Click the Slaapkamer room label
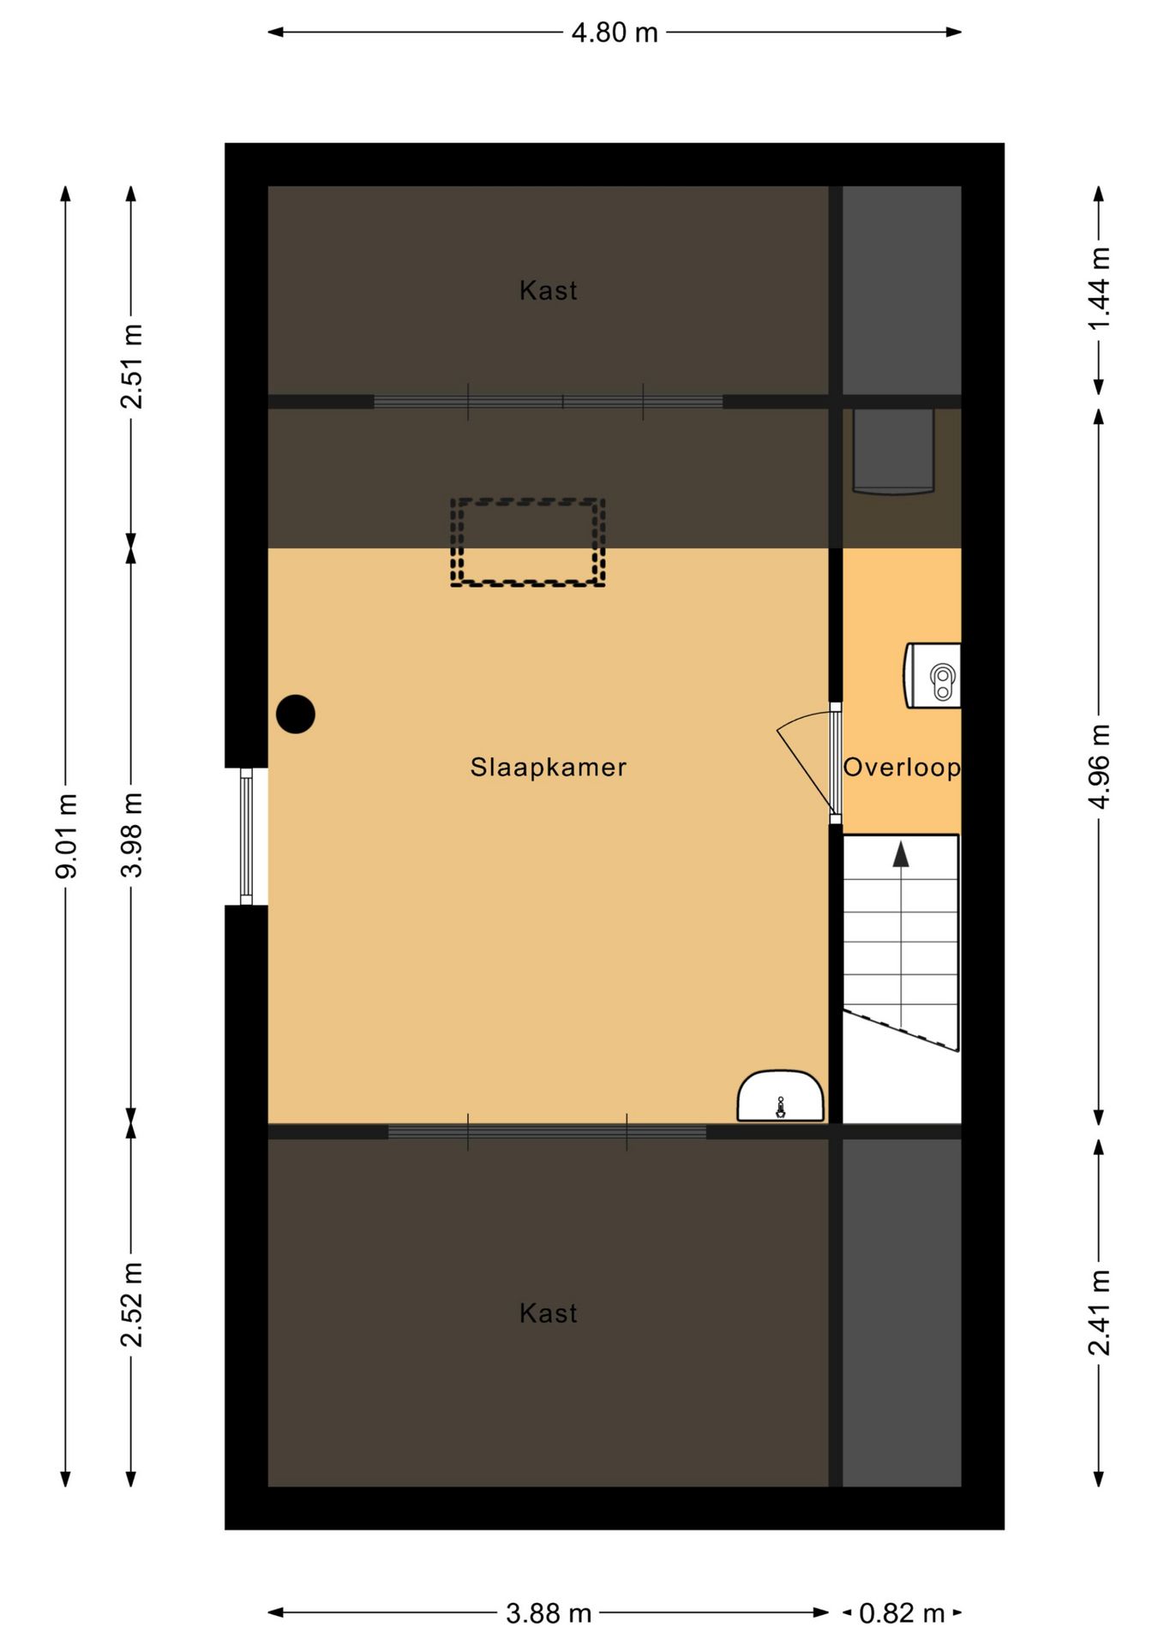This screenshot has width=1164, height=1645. (549, 767)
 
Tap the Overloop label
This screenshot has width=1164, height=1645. (902, 767)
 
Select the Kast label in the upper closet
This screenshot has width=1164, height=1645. (549, 290)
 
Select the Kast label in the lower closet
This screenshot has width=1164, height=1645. (549, 1313)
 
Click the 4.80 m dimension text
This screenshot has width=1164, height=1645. (615, 33)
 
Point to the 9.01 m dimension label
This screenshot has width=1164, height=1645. (67, 836)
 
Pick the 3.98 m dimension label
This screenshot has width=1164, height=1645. (132, 835)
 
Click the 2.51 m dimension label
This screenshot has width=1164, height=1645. (132, 367)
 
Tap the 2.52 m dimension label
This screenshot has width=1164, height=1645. (132, 1305)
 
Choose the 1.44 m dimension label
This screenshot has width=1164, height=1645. (1100, 290)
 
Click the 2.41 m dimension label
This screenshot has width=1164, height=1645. (1100, 1313)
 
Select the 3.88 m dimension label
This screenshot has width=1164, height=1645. (549, 1614)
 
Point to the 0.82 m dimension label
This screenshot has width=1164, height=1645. (902, 1614)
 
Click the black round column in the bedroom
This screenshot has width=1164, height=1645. (296, 714)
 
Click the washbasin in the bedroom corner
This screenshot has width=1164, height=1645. (781, 1096)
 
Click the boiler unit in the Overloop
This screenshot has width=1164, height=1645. (933, 675)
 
